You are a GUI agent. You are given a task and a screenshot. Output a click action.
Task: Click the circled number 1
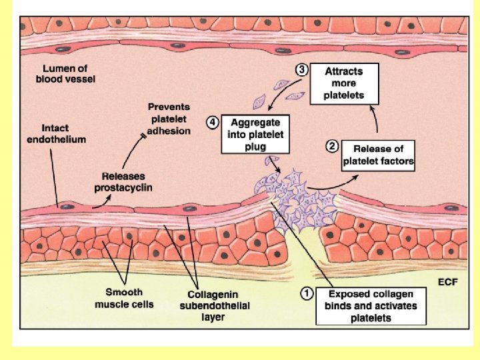307,291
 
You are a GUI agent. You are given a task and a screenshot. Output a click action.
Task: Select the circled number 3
302,69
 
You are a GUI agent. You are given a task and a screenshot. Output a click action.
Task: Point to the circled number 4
213,123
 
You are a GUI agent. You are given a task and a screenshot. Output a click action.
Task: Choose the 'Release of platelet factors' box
378,155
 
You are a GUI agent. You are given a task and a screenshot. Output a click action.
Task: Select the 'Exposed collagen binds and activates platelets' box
370,305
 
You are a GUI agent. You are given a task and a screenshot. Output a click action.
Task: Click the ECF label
447,282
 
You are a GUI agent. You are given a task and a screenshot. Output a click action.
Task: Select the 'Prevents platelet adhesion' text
169,119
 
